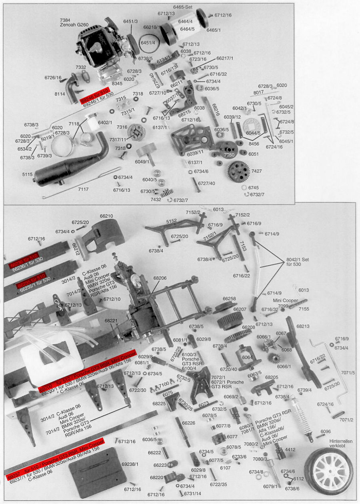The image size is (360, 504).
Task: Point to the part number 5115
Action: tap(27, 174)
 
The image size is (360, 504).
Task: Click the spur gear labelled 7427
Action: tap(239, 171)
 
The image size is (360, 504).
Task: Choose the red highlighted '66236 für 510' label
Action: tap(26, 255)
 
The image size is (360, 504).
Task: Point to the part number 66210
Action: tap(106, 216)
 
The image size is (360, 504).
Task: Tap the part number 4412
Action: tap(290, 450)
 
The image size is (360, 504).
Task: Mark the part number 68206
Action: tap(160, 278)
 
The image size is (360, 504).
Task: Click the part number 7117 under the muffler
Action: tap(83, 189)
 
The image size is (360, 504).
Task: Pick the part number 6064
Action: tap(247, 357)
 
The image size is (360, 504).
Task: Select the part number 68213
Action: tap(303, 326)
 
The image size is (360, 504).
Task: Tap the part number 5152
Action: tap(171, 220)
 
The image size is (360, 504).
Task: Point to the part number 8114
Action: tap(60, 94)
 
